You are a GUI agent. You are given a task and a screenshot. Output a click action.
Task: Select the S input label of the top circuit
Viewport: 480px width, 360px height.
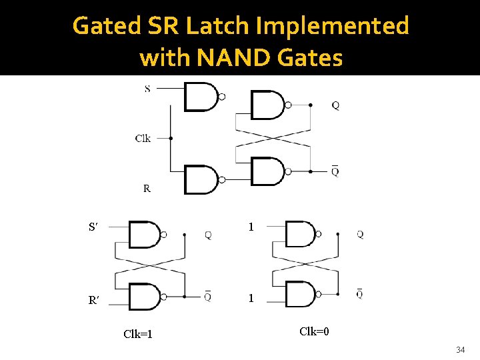(x=147, y=89)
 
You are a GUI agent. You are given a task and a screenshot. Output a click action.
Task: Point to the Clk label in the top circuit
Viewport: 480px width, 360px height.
(x=143, y=139)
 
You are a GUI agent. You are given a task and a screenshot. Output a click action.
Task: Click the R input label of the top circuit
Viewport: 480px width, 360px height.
(x=147, y=189)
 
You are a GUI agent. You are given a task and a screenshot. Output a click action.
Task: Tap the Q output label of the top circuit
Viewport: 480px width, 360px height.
(x=335, y=105)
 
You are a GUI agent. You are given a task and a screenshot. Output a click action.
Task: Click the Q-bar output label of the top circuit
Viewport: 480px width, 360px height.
(x=335, y=171)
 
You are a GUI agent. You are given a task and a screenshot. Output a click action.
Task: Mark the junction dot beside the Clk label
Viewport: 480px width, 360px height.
(x=171, y=139)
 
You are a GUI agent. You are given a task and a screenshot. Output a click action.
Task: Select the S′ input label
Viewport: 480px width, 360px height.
(x=94, y=227)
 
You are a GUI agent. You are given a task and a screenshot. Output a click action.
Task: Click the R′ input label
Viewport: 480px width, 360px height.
(x=94, y=301)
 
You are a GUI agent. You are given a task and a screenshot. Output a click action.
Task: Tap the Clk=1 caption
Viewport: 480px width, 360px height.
(x=138, y=334)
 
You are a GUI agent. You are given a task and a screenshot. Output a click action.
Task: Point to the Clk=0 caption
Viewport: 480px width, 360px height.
(x=314, y=331)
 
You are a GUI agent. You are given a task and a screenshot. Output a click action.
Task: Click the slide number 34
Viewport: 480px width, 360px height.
(x=460, y=350)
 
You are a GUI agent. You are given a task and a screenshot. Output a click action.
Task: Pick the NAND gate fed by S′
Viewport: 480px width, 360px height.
(x=145, y=235)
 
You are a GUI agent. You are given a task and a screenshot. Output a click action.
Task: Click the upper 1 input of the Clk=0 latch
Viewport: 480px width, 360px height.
(x=251, y=227)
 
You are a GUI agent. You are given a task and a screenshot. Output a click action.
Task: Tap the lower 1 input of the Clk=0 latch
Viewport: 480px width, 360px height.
(x=251, y=298)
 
